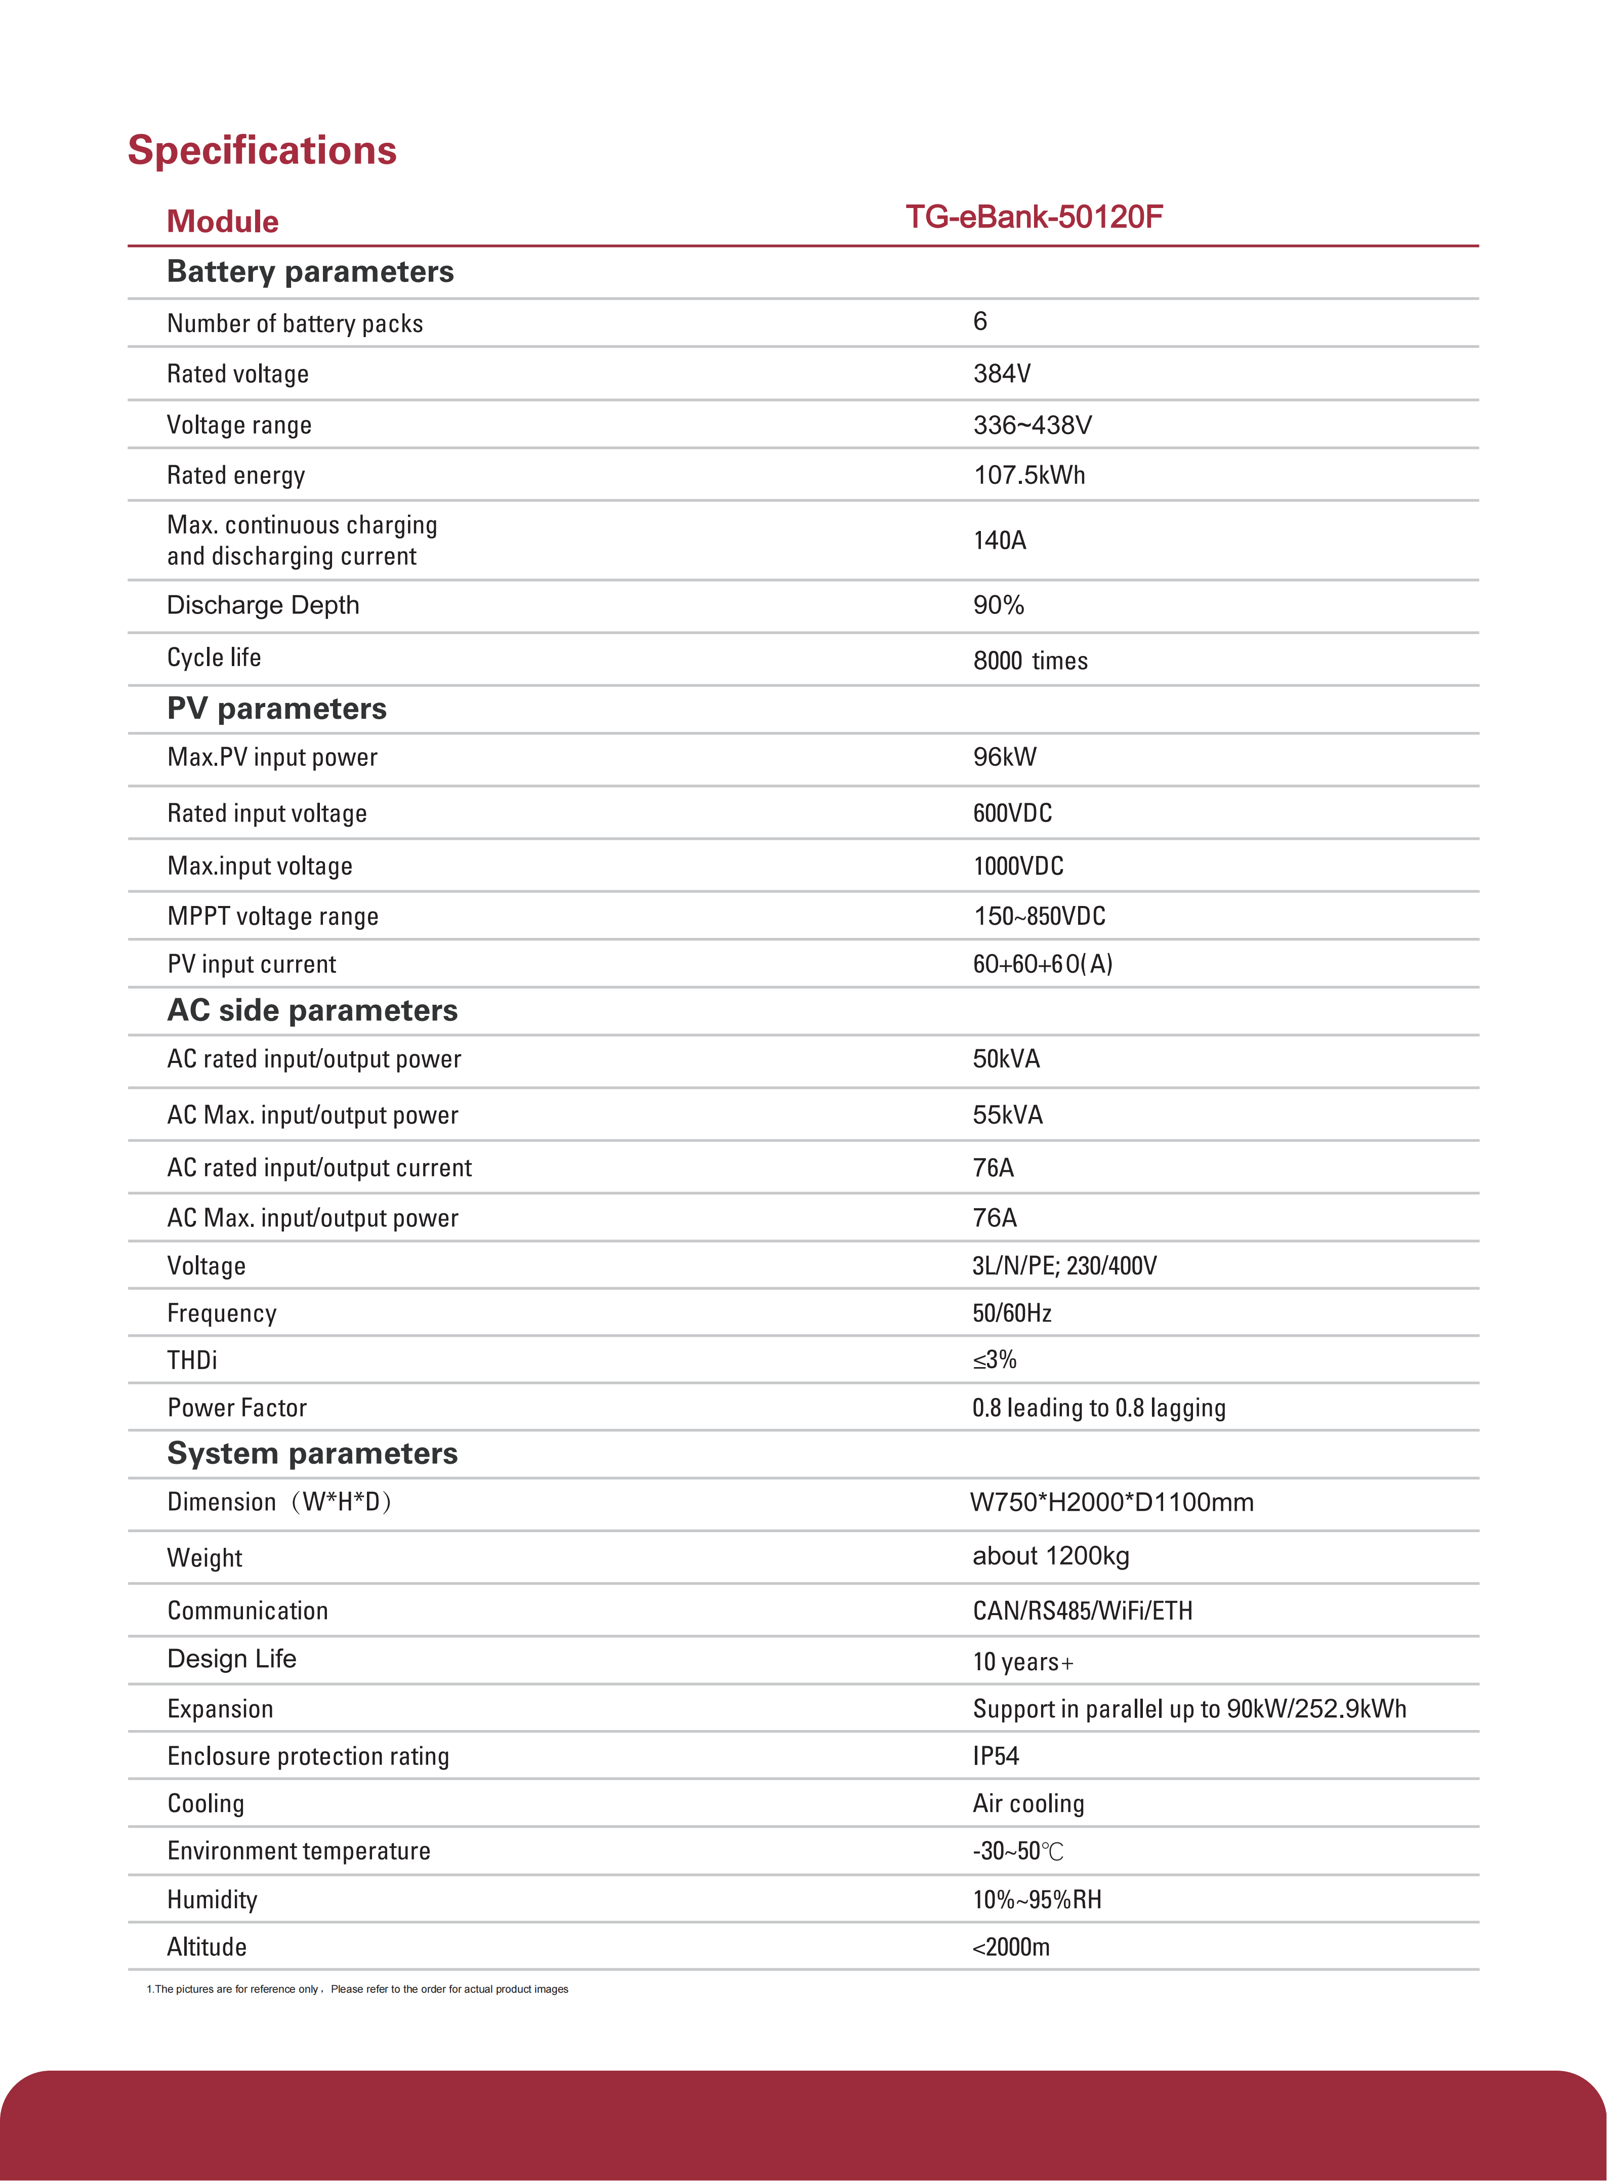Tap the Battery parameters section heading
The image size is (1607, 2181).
(310, 271)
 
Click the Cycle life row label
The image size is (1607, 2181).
(214, 657)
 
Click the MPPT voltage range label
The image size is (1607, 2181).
(272, 916)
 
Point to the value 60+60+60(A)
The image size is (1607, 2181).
(1042, 964)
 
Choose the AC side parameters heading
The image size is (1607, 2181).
(312, 1011)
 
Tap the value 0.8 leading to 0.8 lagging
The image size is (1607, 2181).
(1098, 1408)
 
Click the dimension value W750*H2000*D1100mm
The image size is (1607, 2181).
(1111, 1502)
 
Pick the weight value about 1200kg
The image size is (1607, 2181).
(1051, 1555)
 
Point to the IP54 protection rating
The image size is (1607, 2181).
(995, 1756)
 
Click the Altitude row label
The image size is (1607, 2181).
(206, 1947)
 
